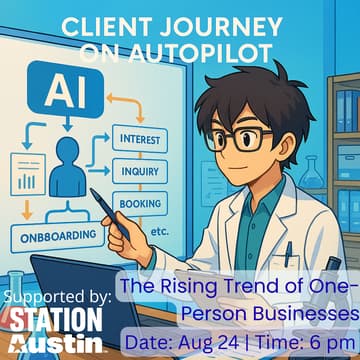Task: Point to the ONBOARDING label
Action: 57,237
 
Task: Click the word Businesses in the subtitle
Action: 304,313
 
